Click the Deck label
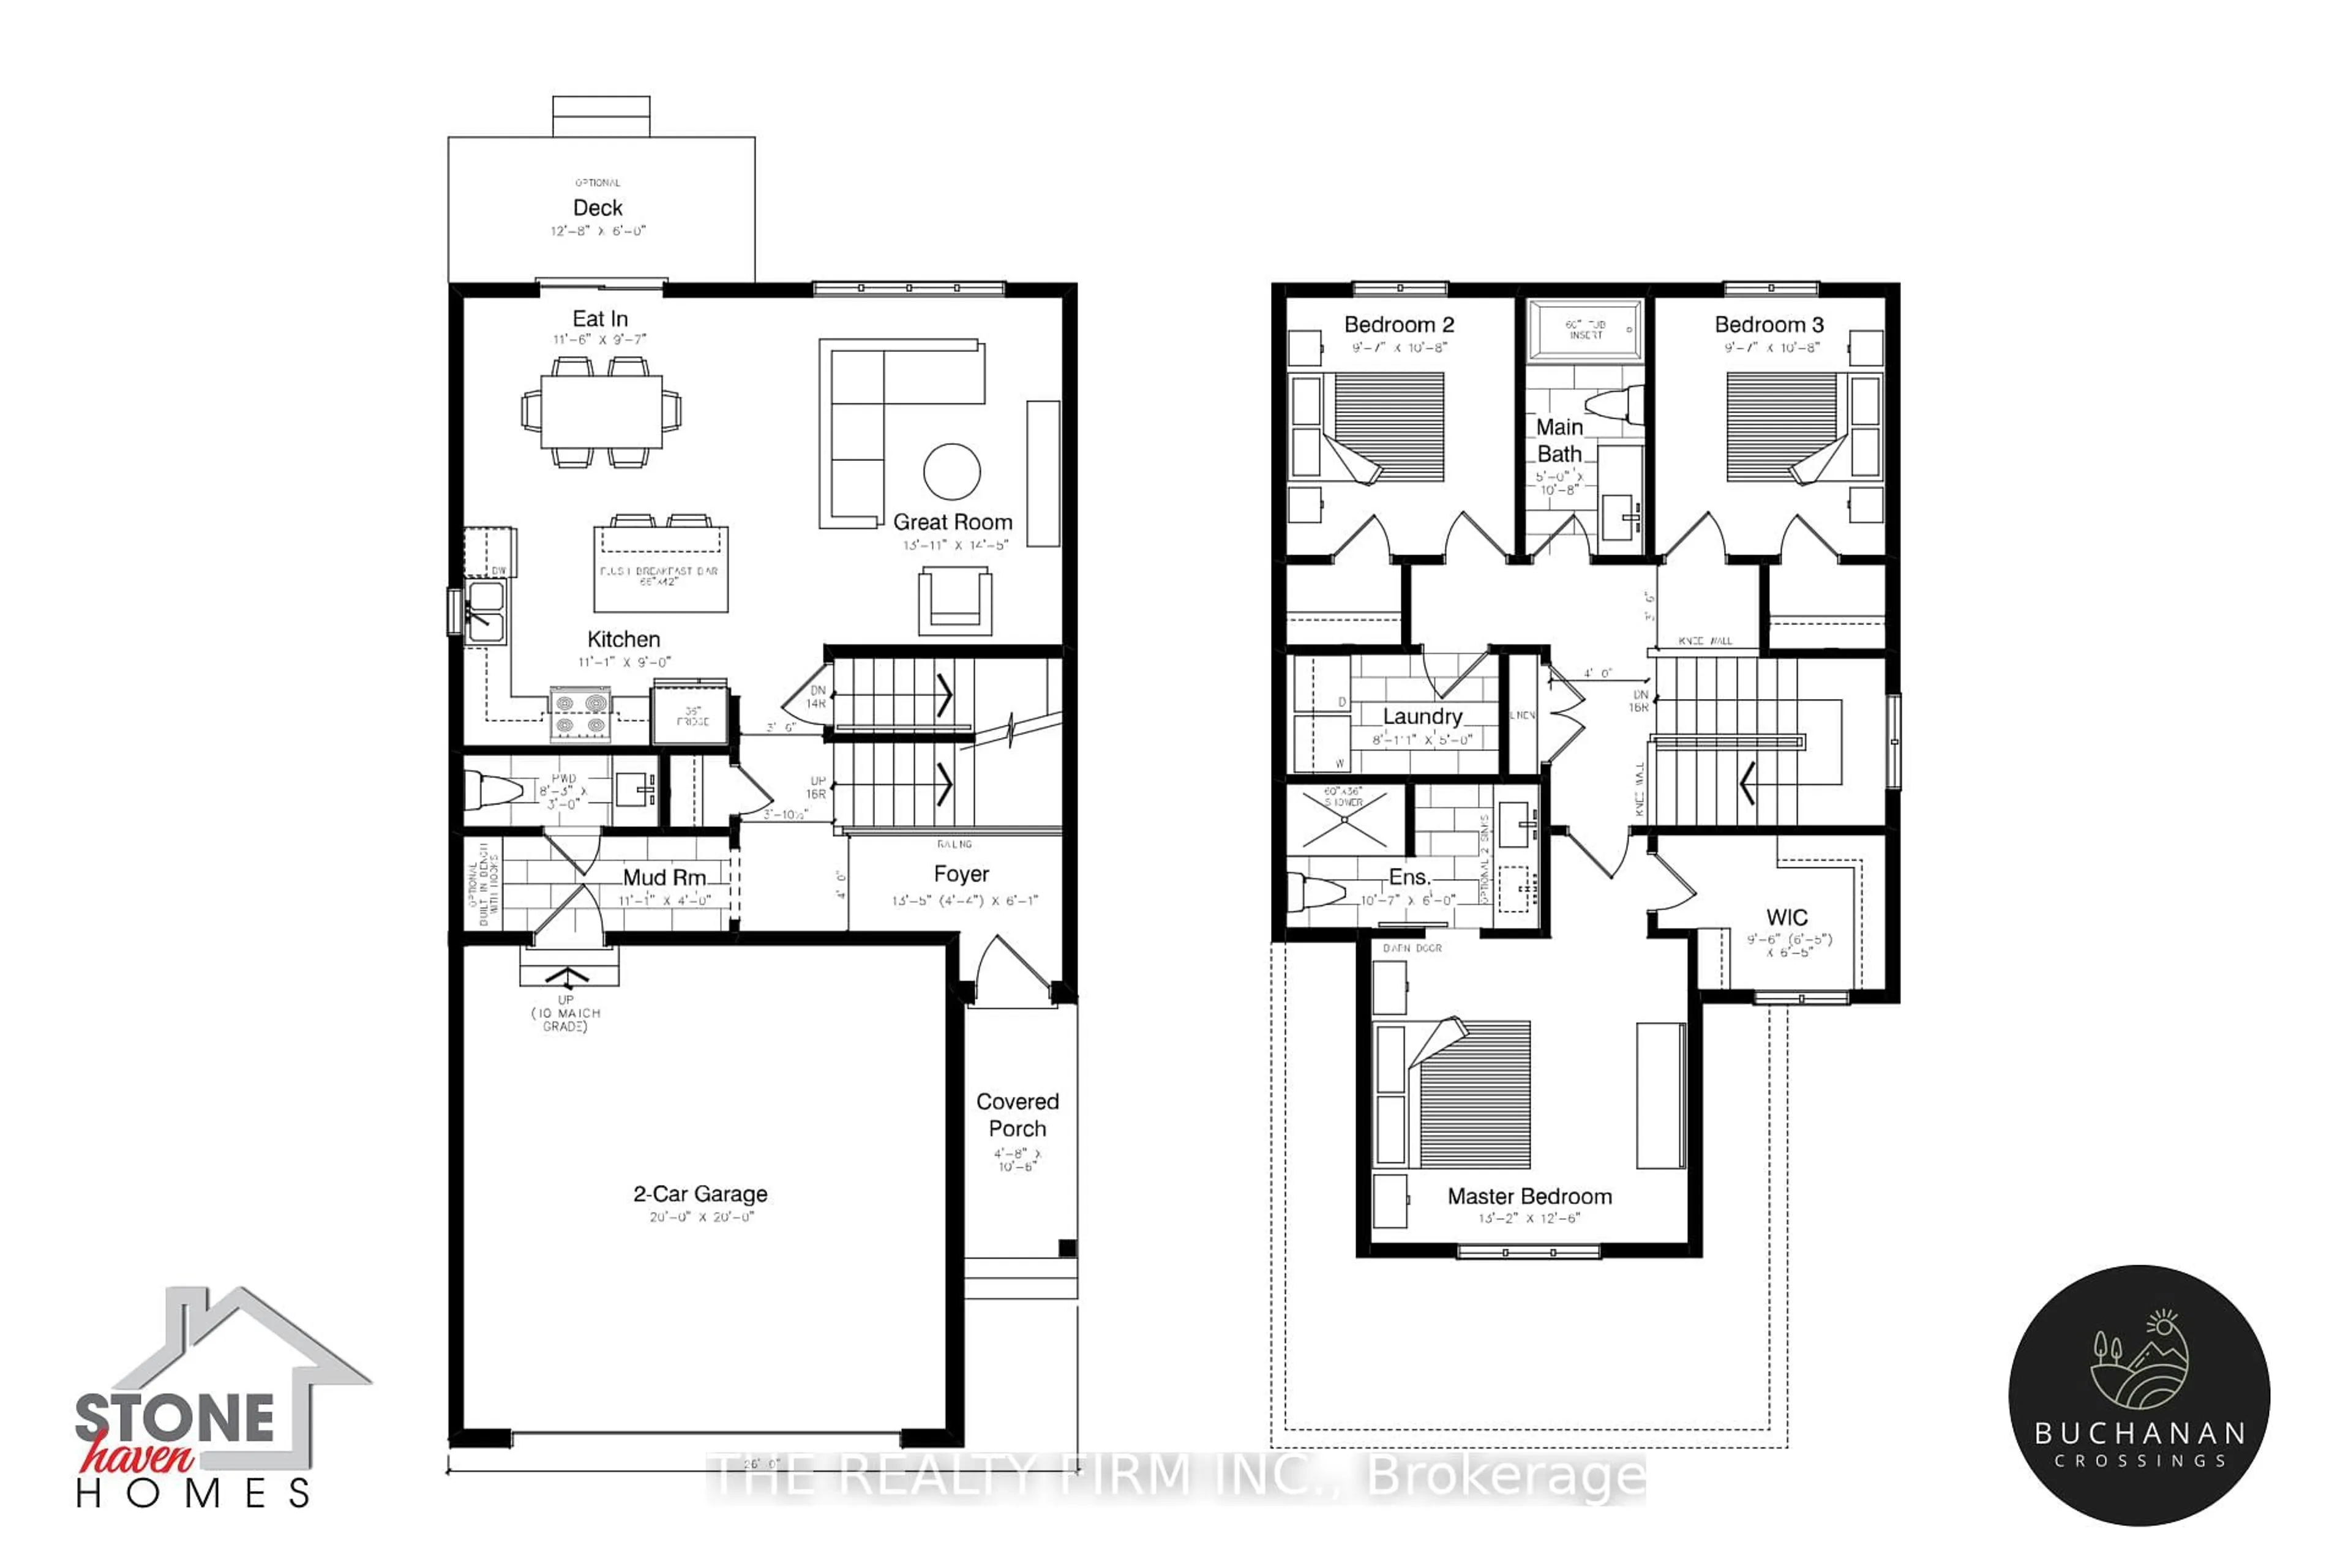(x=598, y=208)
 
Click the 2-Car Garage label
(x=700, y=1194)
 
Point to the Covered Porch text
(x=1018, y=1115)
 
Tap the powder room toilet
(x=495, y=790)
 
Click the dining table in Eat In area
(x=601, y=411)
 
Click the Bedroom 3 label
(x=1769, y=325)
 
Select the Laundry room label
(x=1422, y=717)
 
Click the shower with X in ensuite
(x=1344, y=820)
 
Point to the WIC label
(x=1787, y=918)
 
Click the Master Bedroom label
(x=1529, y=1196)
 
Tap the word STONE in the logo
(x=175, y=1419)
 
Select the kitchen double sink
(x=486, y=611)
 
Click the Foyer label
(x=962, y=875)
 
